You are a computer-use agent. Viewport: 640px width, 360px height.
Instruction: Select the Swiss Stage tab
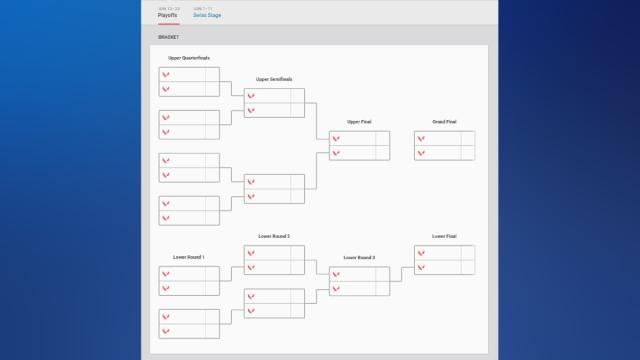tap(207, 15)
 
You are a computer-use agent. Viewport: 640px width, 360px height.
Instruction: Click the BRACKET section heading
tap(167, 37)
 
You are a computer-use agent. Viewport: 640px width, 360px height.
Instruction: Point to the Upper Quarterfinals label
tap(189, 58)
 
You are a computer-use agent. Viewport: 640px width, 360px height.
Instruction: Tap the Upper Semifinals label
tap(274, 79)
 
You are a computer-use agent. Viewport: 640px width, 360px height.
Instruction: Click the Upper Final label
tap(359, 122)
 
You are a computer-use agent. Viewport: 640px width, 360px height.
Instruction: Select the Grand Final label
tap(444, 122)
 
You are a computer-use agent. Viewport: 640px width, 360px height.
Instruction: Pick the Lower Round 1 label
tap(188, 257)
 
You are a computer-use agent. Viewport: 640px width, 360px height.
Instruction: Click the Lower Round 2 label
tap(274, 236)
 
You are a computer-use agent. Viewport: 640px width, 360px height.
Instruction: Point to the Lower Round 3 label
tap(359, 257)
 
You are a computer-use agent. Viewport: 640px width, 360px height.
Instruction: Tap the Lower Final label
tap(444, 236)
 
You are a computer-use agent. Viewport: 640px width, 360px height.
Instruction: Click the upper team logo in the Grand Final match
tap(421, 139)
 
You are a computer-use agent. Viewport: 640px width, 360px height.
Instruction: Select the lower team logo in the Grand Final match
tap(421, 153)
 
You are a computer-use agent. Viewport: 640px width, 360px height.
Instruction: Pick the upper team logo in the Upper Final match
tap(336, 139)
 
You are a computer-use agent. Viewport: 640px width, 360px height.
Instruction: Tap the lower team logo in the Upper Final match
tap(336, 153)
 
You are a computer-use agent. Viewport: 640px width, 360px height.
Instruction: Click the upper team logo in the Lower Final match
tap(421, 253)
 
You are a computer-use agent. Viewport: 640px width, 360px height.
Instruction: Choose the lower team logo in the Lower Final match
tap(421, 267)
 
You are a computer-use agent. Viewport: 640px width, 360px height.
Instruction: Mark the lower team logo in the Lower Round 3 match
tap(336, 289)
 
